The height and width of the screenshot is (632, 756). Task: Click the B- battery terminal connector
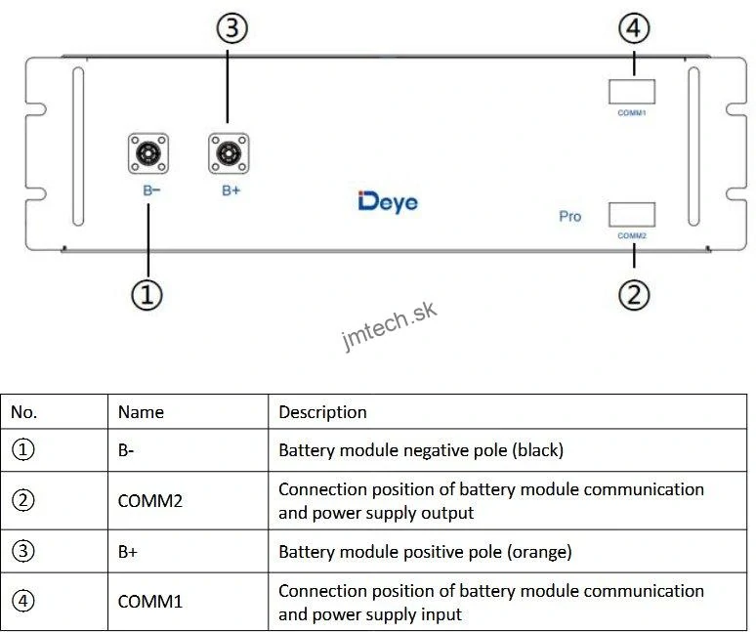[x=147, y=153]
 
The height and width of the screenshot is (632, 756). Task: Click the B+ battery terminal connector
[x=229, y=153]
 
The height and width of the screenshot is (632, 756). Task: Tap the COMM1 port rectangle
[x=632, y=92]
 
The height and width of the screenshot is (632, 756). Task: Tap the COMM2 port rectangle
[x=632, y=215]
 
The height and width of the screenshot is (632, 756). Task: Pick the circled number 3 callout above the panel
[x=231, y=29]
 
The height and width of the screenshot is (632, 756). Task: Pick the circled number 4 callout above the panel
[x=634, y=29]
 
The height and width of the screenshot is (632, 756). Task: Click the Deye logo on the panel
[x=388, y=202]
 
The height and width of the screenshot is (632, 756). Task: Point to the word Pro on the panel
[x=570, y=216]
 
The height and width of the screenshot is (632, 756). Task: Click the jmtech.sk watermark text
[x=390, y=326]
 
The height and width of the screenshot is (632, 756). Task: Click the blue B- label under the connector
[x=151, y=190]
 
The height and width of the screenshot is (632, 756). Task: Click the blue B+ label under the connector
[x=231, y=190]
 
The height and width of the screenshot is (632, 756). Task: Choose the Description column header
[x=322, y=412]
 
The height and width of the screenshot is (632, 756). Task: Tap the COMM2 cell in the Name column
[x=150, y=500]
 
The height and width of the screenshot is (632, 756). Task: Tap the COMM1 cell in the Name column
[x=150, y=602]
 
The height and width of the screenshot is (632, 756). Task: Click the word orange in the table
[x=538, y=552]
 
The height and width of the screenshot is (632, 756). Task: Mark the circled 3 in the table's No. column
[x=23, y=551]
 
